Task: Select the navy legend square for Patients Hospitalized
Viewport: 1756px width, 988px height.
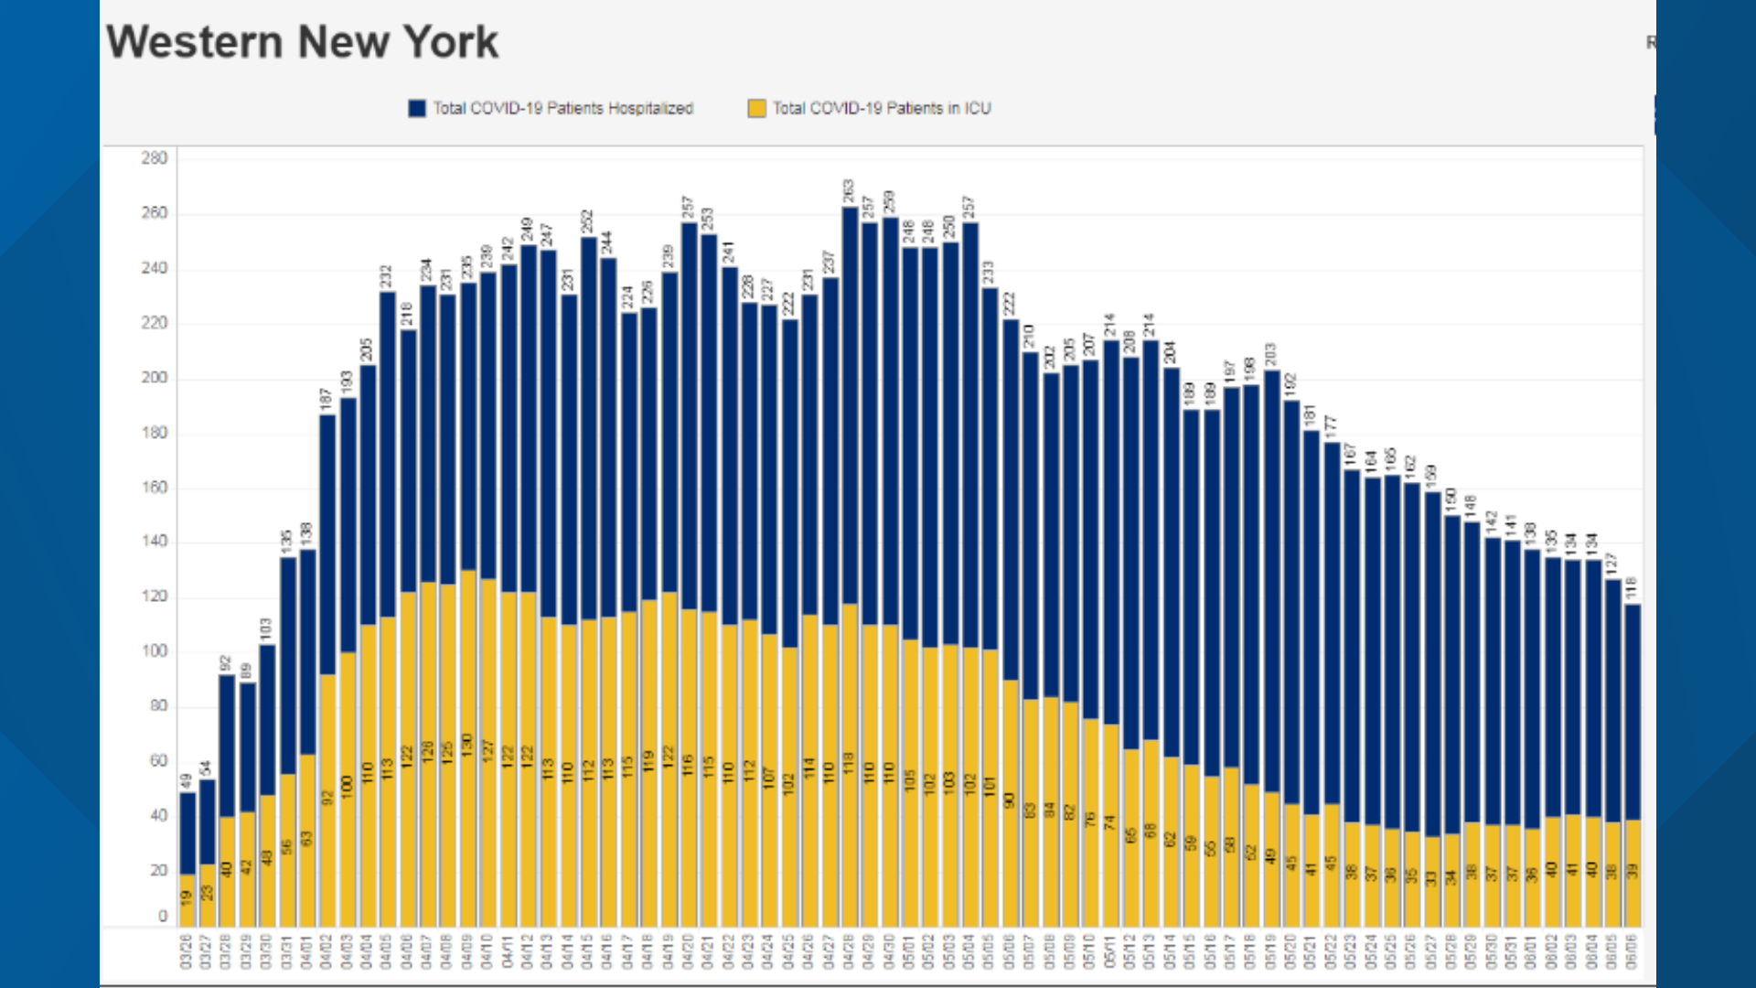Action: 417,108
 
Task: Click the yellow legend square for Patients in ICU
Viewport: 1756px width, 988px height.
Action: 756,108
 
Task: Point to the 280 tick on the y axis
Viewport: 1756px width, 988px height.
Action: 155,158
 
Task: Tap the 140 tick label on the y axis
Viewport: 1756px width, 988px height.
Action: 155,542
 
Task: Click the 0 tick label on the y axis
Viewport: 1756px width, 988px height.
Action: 163,916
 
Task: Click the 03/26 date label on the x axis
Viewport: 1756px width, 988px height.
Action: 187,951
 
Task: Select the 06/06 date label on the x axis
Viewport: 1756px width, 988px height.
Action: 1632,951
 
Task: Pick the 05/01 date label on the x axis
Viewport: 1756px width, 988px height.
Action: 909,951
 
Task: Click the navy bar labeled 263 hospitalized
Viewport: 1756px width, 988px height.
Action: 850,403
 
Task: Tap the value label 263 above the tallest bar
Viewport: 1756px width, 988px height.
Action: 849,190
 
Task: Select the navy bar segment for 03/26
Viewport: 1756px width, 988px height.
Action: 187,832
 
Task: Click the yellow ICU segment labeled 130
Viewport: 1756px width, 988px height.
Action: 468,746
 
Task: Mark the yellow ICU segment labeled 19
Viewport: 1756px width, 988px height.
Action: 187,899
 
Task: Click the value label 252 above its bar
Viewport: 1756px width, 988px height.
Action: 588,220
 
